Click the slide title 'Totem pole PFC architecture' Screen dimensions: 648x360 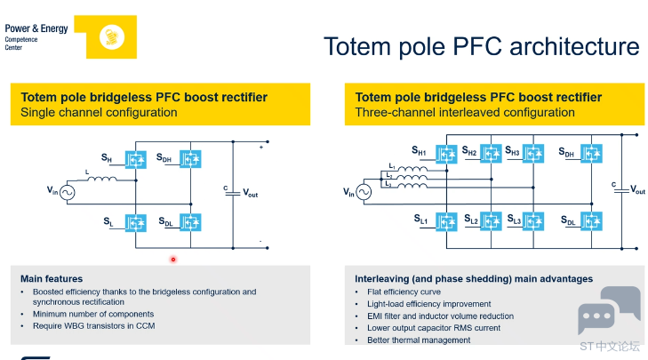[482, 46]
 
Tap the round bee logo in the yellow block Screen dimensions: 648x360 [112, 37]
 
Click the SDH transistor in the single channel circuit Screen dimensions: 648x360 [190, 159]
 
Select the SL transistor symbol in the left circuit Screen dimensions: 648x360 [135, 223]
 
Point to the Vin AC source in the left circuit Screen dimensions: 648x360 [67, 193]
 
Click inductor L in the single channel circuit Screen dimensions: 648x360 [102, 179]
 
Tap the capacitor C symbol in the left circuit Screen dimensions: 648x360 [233, 193]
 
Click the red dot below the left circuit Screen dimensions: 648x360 [173, 260]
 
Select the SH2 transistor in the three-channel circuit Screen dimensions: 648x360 [491, 154]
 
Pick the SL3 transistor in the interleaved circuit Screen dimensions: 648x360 [533, 221]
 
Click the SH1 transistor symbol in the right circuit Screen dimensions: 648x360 [446, 154]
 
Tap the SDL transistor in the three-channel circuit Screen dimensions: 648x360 [591, 221]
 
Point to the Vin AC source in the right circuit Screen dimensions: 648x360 [364, 192]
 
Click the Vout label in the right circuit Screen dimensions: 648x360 [637, 189]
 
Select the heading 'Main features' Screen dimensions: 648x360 [52, 279]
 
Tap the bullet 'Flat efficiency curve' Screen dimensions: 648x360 [404, 292]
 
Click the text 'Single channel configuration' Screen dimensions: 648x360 [99, 112]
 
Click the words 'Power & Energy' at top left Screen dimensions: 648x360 [36, 28]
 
